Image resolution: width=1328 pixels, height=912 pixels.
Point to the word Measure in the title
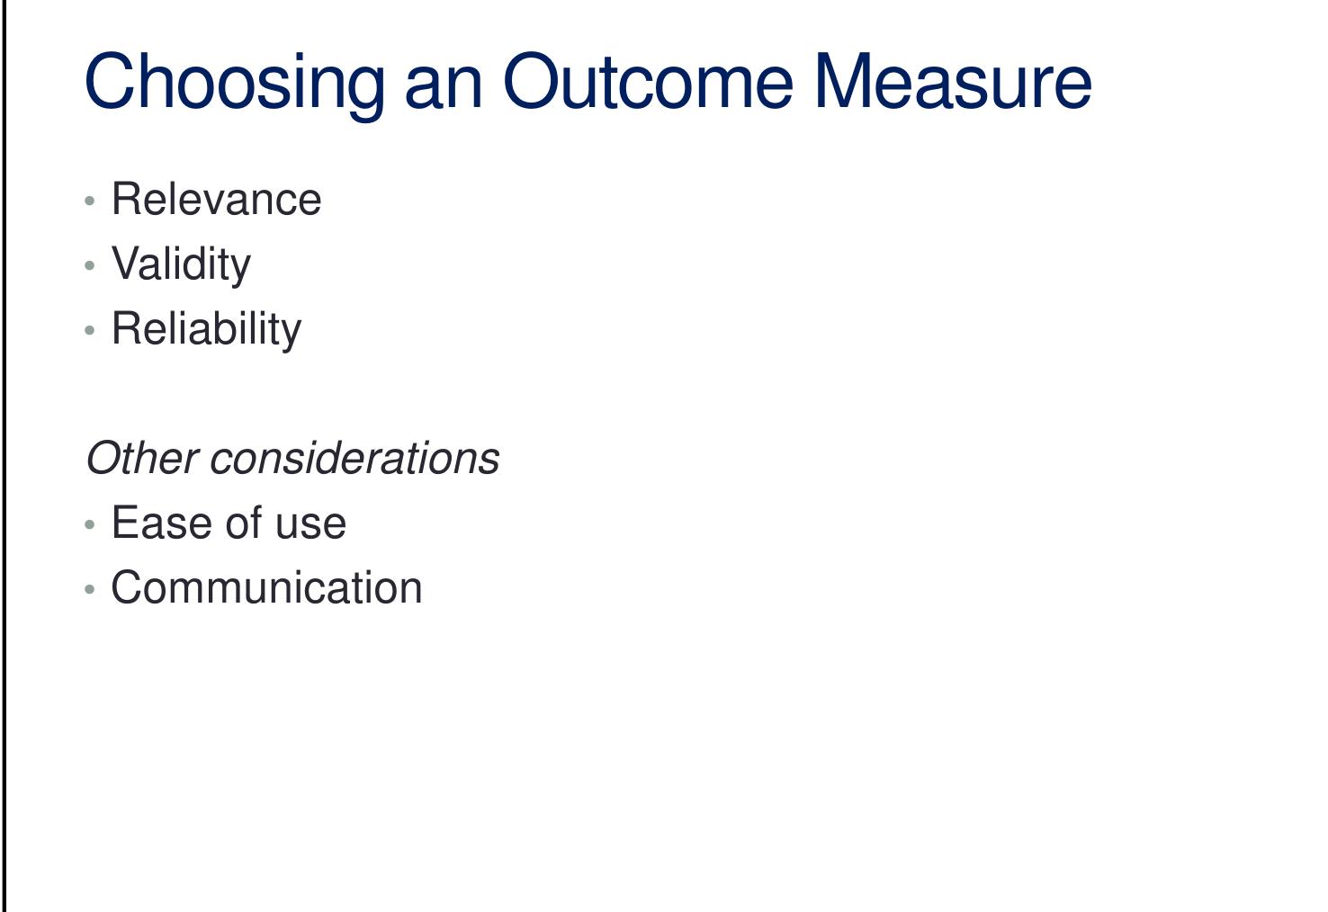click(x=953, y=83)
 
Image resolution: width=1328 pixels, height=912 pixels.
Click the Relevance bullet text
click(x=216, y=200)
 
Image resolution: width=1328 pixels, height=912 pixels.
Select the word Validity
click(x=181, y=264)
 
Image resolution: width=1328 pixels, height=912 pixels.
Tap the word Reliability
click(x=206, y=329)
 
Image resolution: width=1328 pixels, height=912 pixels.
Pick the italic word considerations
click(x=354, y=459)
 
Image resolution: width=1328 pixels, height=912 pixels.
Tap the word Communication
click(x=266, y=588)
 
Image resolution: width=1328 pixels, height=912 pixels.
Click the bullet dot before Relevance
click(x=90, y=201)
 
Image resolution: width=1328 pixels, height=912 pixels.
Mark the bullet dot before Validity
click(x=90, y=266)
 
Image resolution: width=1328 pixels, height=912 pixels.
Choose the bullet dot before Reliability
click(x=90, y=331)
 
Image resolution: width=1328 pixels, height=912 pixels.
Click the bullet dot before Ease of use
click(x=90, y=525)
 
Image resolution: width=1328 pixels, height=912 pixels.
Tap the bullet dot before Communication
click(x=90, y=590)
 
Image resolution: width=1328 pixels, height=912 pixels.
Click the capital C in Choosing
click(x=110, y=83)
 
